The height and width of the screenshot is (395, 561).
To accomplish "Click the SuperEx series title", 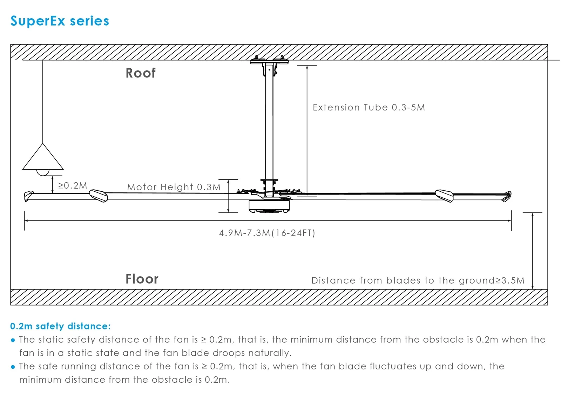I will (x=60, y=21).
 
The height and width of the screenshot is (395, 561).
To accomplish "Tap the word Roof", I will (x=140, y=73).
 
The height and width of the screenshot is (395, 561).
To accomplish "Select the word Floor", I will (x=142, y=279).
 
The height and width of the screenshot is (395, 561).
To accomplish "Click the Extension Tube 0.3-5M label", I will (x=369, y=107).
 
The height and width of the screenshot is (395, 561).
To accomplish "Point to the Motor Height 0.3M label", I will (x=174, y=187).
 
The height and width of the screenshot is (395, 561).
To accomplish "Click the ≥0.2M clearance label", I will (x=73, y=185).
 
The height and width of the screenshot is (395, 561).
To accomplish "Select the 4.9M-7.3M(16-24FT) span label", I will (x=267, y=233).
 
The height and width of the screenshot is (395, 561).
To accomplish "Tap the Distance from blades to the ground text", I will (x=418, y=280).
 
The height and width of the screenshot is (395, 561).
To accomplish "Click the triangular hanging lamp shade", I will (x=43, y=159).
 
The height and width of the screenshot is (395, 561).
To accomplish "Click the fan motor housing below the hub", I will (x=269, y=206).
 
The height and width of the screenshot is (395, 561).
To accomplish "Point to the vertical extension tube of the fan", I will (x=269, y=123).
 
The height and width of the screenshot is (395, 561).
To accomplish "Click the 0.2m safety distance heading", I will (x=60, y=326).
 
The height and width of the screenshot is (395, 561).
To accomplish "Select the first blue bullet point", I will (x=13, y=340).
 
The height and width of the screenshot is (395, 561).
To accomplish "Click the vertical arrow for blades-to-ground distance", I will (x=532, y=251).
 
